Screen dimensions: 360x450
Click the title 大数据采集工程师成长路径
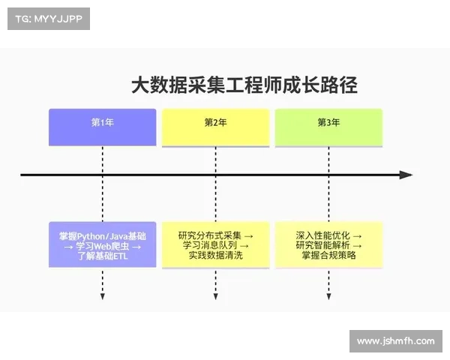(x=244, y=85)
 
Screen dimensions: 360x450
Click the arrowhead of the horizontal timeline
(x=406, y=175)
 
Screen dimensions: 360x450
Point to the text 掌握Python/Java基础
(x=103, y=235)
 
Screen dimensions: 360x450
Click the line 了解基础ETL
(x=103, y=256)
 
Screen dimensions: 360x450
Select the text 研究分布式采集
(x=210, y=235)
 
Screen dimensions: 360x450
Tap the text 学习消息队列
(x=211, y=245)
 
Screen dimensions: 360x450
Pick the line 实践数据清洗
(x=216, y=256)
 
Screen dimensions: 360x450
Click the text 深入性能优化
(x=323, y=235)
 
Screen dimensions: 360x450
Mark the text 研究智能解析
(x=323, y=245)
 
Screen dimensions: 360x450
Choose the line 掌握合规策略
(x=328, y=256)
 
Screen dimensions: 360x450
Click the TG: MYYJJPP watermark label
(x=49, y=19)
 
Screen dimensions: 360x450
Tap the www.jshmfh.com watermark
(x=395, y=341)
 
